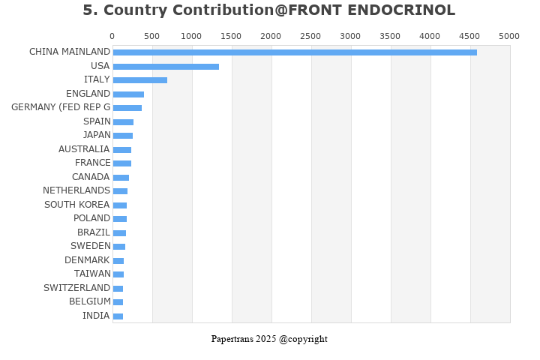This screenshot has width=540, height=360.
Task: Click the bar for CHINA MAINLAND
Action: (x=295, y=52)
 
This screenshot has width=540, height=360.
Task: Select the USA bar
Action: (x=166, y=67)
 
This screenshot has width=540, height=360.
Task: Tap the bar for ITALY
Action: (x=140, y=80)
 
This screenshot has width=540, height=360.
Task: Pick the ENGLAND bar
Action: (x=128, y=94)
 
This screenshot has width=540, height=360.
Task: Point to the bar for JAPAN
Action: (x=123, y=136)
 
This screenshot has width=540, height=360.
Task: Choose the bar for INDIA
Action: (x=118, y=316)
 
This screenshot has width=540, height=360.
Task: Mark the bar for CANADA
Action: (x=121, y=178)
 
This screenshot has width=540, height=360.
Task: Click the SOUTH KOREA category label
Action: (x=76, y=205)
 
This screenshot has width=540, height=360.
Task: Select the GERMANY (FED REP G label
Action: (x=61, y=107)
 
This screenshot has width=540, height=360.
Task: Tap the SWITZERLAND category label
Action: (x=76, y=288)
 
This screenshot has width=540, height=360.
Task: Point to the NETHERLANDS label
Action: (x=76, y=190)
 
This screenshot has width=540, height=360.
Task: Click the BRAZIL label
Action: (x=94, y=232)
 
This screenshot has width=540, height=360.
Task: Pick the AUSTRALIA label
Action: (x=84, y=149)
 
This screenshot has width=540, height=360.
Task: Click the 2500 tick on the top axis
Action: (x=310, y=36)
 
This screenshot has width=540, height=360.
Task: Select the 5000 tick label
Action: (x=509, y=36)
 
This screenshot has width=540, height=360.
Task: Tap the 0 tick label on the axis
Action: (x=112, y=36)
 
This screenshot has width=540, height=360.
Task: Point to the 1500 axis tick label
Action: (x=231, y=36)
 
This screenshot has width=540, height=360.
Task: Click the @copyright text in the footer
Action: (x=303, y=339)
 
